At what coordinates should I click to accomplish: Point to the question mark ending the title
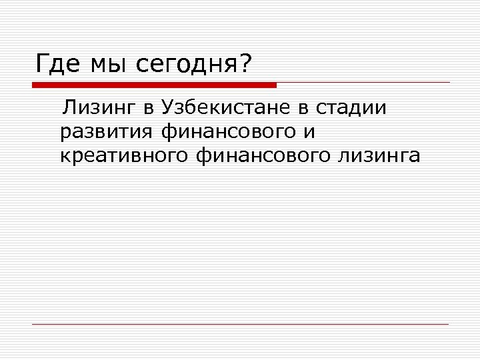point(246,64)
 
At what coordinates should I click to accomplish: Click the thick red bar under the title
point(154,85)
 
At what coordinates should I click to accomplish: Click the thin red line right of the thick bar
point(363,83)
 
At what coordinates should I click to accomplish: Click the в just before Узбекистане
point(147,109)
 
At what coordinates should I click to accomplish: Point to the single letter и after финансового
point(309,133)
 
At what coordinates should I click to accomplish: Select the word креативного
point(125,156)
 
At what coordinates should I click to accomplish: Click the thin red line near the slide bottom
point(240,324)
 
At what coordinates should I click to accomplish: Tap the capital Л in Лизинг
point(68,107)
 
